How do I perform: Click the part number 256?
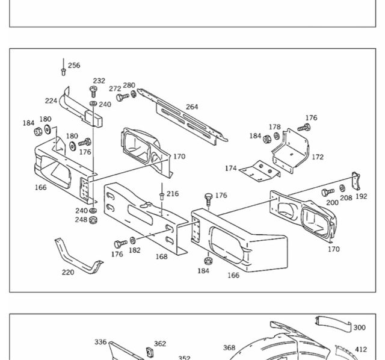click(x=73, y=66)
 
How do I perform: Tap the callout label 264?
click(x=191, y=107)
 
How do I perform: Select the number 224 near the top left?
click(x=51, y=101)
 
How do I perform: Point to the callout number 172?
click(x=317, y=157)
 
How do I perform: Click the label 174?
click(x=230, y=169)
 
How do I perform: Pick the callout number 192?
click(x=360, y=196)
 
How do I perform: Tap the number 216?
click(x=173, y=194)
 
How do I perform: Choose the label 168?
click(x=161, y=256)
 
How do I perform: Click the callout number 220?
click(x=68, y=272)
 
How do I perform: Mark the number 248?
click(x=81, y=220)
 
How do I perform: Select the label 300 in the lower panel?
click(x=359, y=327)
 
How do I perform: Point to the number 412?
click(x=360, y=349)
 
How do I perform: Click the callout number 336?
click(x=100, y=342)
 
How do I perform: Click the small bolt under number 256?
click(x=63, y=72)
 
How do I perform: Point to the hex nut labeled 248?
click(x=94, y=220)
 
